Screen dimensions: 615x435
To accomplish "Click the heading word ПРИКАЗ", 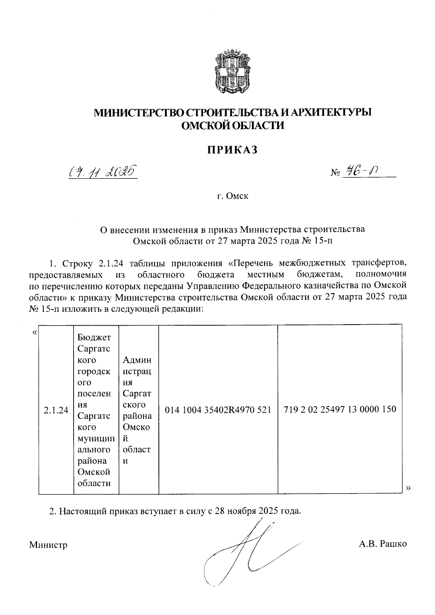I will click(232, 150).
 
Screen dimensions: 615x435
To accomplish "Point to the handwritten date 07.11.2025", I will click(103, 171).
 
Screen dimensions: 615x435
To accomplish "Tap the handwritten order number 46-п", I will click(362, 171).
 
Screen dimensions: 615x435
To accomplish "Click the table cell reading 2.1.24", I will click(56, 410).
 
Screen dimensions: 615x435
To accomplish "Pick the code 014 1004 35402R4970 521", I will click(218, 410).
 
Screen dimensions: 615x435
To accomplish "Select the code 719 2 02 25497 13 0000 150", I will click(340, 410).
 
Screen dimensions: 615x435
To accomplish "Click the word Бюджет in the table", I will click(94, 338).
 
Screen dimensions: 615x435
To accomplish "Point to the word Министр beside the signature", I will click(49, 544).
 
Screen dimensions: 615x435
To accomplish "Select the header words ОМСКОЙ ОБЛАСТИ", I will click(232, 125).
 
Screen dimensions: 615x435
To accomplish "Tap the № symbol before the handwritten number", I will click(334, 173).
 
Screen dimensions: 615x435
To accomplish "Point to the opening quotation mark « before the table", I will click(34, 333).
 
